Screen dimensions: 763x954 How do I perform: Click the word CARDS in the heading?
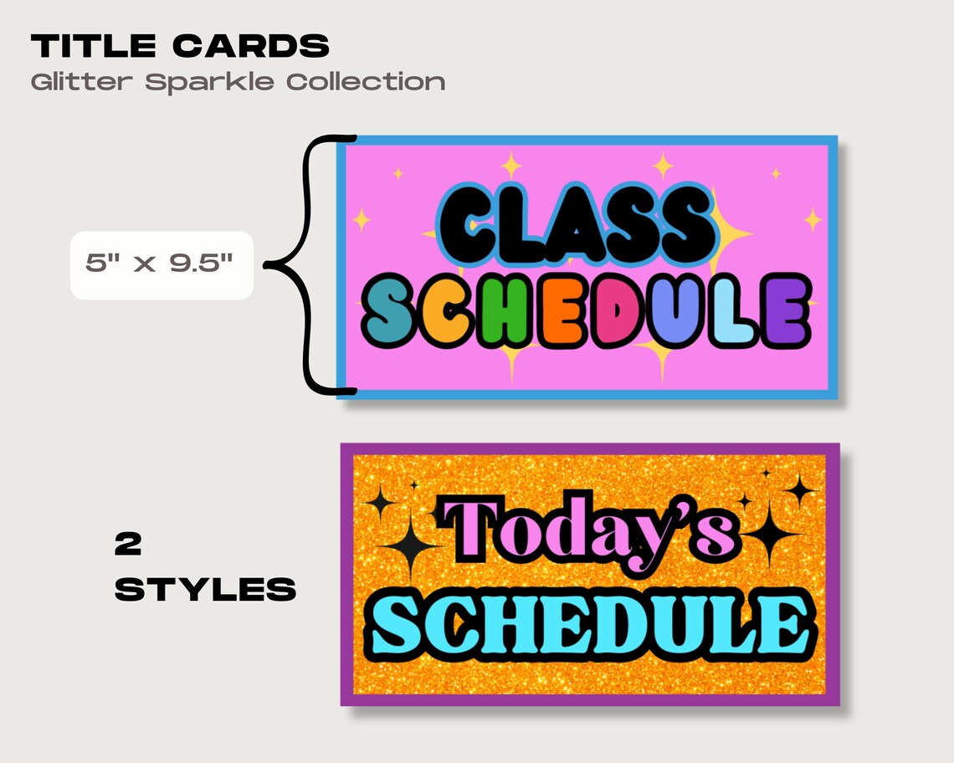point(251,47)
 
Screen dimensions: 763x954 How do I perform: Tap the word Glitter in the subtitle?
point(83,82)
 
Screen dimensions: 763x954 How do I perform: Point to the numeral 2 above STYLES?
point(128,545)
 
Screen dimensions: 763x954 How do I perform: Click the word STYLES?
point(205,591)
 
